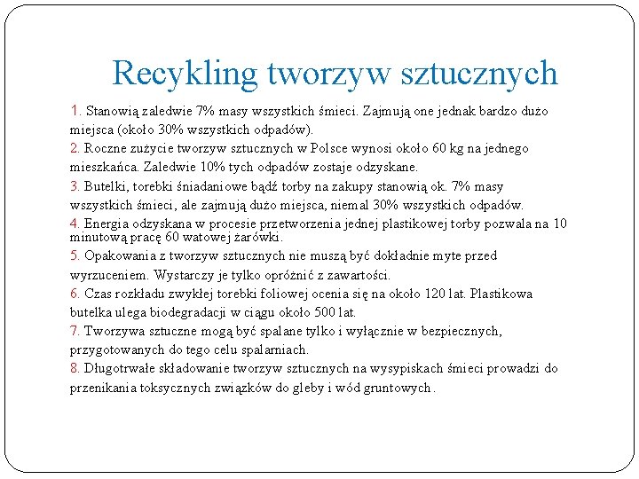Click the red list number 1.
click(75, 112)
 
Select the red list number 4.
click(75, 224)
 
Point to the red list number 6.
click(75, 294)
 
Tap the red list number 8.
click(75, 368)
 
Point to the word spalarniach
click(276, 349)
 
